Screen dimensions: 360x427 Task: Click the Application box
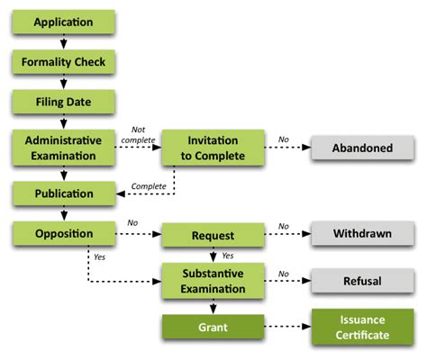coord(63,21)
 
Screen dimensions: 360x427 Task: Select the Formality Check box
coord(63,62)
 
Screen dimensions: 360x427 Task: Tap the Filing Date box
coord(63,103)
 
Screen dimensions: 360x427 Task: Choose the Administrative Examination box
coord(63,148)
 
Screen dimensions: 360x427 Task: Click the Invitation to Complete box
coord(213,148)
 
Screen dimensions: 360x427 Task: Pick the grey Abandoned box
coord(362,148)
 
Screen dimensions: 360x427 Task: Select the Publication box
coord(63,193)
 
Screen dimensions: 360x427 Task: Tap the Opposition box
coord(63,235)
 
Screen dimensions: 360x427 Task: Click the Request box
coord(213,236)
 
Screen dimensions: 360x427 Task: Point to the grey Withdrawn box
coord(362,235)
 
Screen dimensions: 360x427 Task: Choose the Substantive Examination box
coord(213,280)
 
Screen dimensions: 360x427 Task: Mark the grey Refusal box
coord(362,280)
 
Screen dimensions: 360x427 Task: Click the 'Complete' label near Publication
coord(147,185)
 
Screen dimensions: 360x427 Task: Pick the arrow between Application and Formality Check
coord(63,41)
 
